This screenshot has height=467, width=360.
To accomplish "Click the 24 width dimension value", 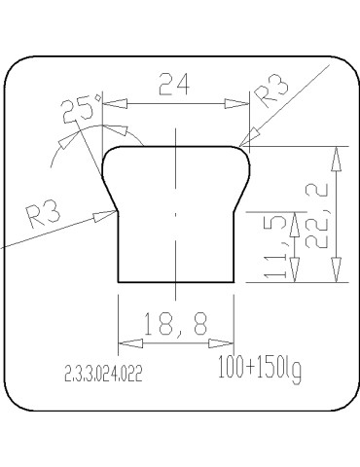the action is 174,84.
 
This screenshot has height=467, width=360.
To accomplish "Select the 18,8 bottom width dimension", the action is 175,324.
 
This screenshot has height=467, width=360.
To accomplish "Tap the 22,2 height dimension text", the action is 316,216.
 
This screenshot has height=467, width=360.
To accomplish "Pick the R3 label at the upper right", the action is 270,91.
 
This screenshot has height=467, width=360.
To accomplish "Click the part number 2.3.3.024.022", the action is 104,374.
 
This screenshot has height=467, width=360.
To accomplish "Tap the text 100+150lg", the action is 260,370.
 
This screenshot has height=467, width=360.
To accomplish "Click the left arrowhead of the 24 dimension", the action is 115,104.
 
